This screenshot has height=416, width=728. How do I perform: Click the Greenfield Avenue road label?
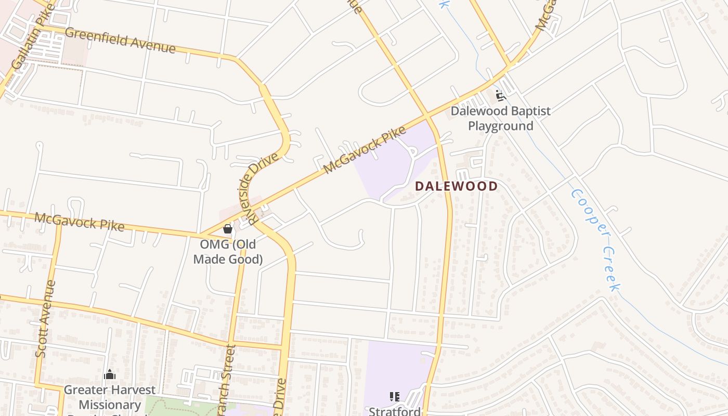120,40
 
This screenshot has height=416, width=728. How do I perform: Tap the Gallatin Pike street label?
33,35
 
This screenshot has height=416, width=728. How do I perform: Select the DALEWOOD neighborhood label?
456,186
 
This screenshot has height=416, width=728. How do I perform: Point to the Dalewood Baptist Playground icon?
500,96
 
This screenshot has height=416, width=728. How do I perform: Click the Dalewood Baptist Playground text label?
500,119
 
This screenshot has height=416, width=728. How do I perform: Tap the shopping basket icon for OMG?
227,228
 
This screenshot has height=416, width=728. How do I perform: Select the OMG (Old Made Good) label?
228,252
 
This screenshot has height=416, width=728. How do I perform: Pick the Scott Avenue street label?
46,318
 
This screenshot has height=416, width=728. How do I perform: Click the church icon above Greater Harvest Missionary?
110,374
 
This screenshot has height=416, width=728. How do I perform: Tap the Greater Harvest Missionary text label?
110,397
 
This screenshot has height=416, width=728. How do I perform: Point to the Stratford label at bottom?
395,411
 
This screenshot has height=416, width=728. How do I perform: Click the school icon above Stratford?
395,397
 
